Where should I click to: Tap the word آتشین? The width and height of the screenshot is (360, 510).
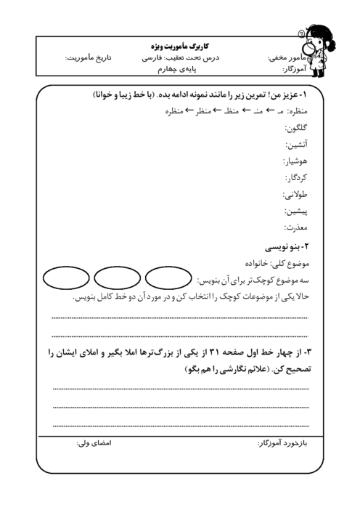coord(298,145)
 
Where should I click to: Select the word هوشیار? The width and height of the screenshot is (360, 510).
coord(295,161)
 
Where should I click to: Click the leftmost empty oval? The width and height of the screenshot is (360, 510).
coord(65,279)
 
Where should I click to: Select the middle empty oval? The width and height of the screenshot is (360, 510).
coord(116,279)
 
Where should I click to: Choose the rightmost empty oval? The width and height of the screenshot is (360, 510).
coord(167,279)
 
